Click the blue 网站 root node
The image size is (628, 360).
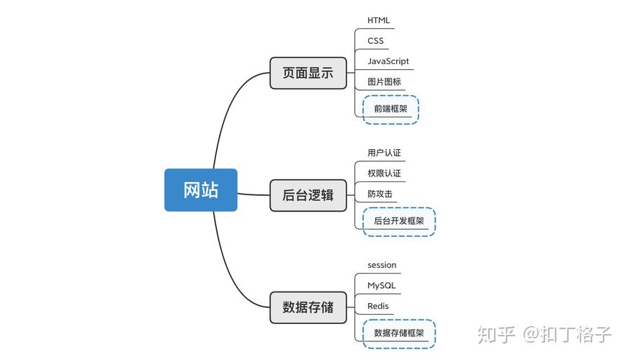200,190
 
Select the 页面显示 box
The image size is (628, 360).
308,73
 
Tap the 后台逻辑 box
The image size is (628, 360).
308,194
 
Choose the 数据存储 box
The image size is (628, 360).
308,307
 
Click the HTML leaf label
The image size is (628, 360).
378,20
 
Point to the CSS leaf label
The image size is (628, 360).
375,41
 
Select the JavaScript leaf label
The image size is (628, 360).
387,61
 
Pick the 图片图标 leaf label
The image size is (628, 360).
384,82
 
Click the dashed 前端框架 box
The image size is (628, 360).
390,109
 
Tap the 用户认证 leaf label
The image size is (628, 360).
384,153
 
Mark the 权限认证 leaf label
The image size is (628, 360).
384,174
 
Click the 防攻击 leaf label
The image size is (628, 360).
380,194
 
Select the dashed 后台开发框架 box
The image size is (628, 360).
398,221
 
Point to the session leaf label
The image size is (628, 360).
382,265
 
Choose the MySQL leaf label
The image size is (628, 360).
381,286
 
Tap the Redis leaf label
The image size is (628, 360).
377,306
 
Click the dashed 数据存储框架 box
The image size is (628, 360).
398,333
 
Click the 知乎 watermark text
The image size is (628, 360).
497,335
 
